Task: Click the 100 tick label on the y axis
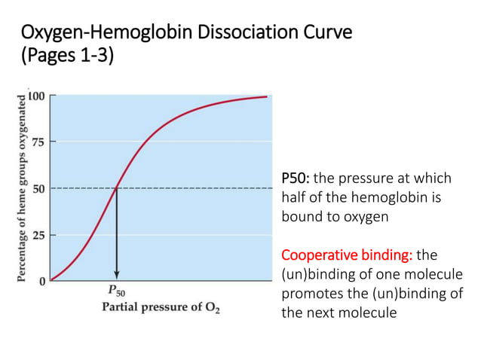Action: click(x=36, y=96)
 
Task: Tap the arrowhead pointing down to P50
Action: click(x=116, y=276)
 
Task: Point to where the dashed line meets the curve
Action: click(x=116, y=188)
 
